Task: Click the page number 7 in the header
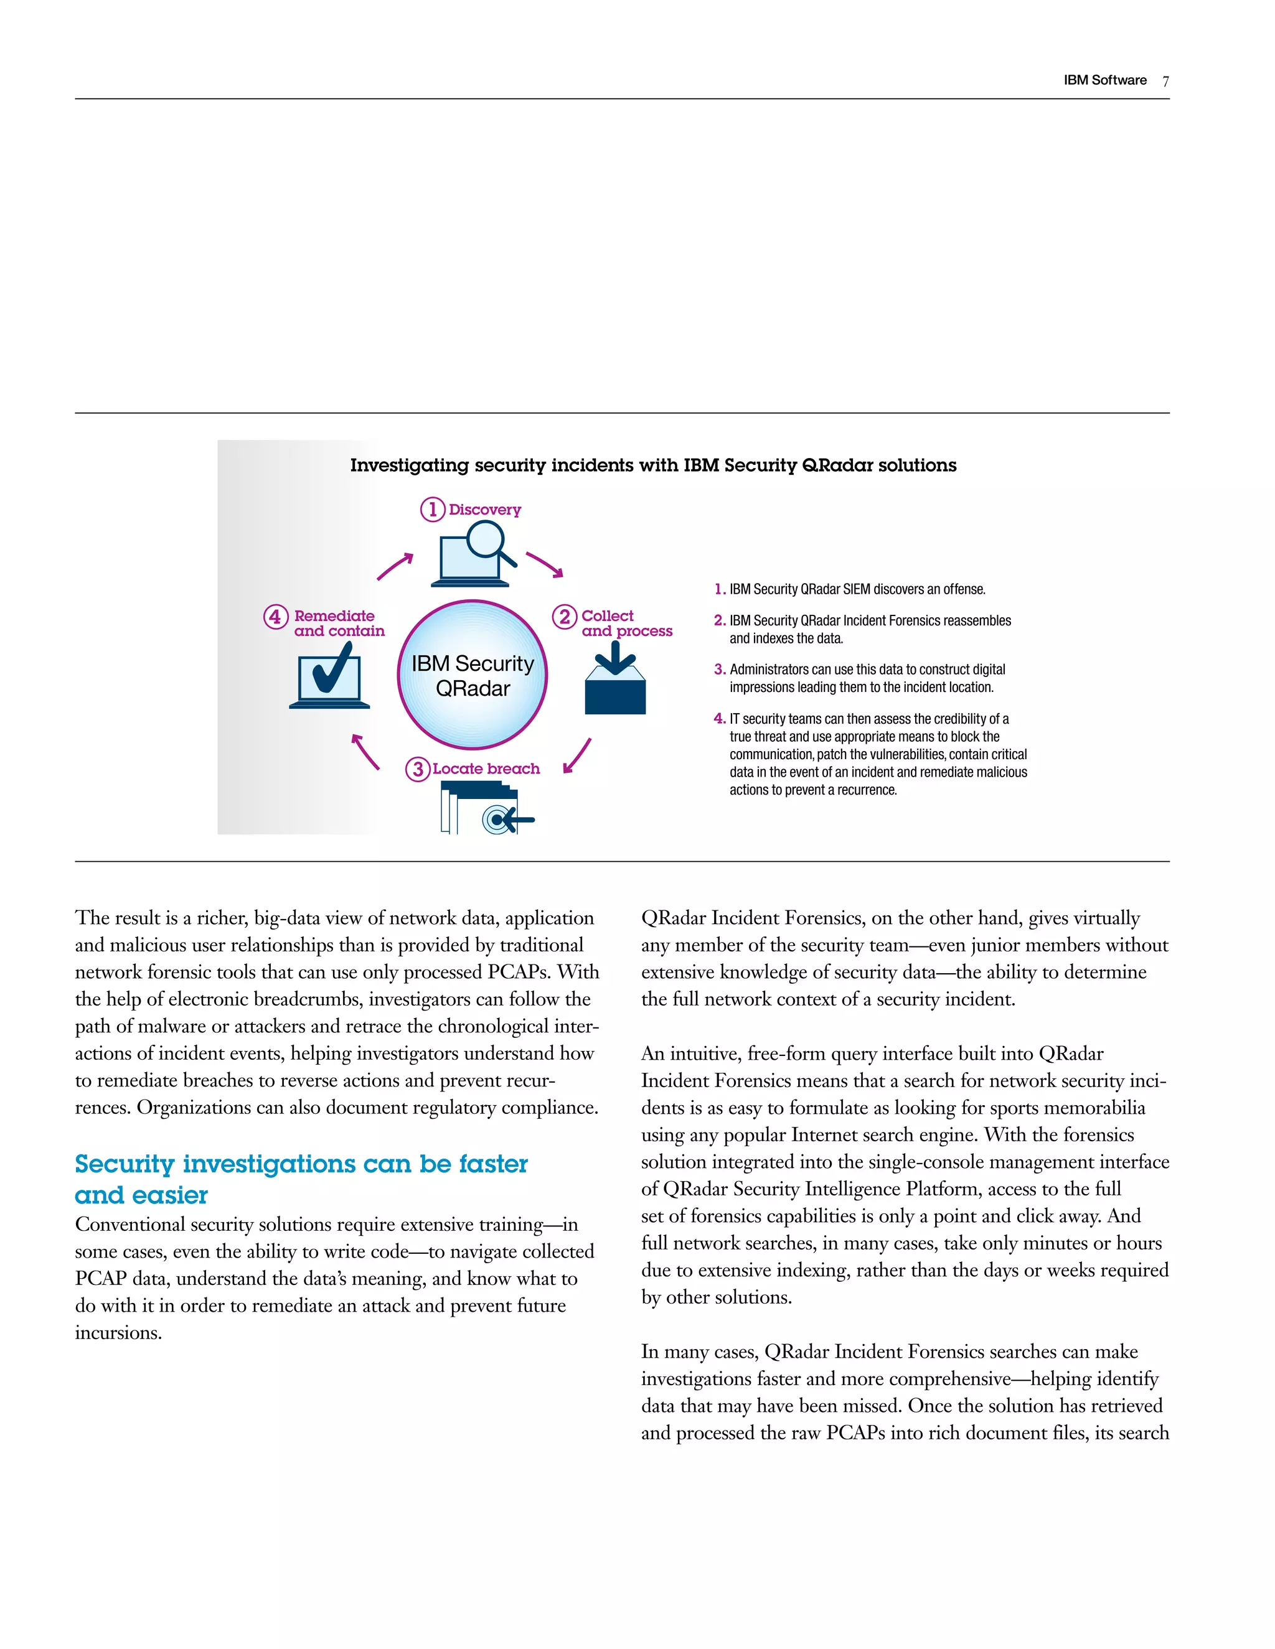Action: click(1165, 82)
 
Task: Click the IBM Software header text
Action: click(1104, 81)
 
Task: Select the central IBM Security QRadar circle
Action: click(472, 675)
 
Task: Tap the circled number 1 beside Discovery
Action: click(432, 510)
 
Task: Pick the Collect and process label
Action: click(626, 624)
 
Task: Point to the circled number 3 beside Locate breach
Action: click(418, 769)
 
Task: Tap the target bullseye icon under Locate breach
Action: click(496, 820)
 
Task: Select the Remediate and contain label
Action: click(339, 624)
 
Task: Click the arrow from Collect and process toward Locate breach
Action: click(577, 756)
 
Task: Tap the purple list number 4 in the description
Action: click(719, 719)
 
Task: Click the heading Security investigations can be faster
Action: click(301, 1164)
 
